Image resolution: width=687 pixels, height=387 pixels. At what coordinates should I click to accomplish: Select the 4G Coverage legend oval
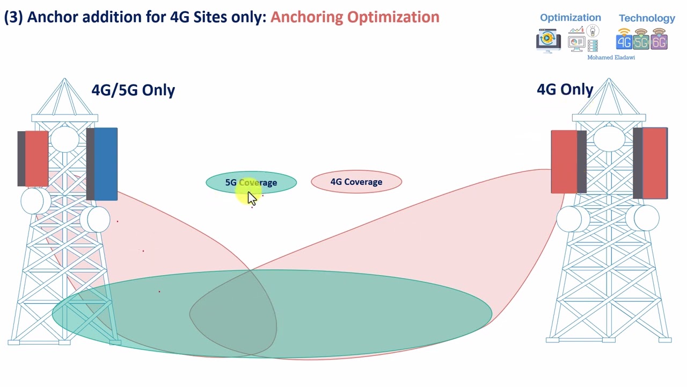click(x=356, y=182)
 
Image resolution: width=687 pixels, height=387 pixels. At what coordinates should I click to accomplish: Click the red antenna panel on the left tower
click(x=36, y=159)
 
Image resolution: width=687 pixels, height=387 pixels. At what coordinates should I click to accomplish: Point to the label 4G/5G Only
click(x=133, y=90)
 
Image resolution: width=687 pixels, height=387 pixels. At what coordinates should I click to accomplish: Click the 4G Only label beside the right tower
click(x=565, y=89)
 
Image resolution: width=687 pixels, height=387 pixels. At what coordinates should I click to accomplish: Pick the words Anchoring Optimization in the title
click(x=355, y=17)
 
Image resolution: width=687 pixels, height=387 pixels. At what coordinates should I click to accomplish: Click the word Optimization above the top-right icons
click(x=570, y=18)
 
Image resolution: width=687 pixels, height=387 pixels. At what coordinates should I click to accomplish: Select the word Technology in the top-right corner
click(x=647, y=18)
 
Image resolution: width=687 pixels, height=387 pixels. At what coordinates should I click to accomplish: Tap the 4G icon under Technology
click(x=624, y=41)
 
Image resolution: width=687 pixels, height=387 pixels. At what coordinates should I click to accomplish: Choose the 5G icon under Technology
click(x=641, y=41)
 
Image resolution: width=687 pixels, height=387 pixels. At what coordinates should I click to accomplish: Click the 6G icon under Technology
click(x=659, y=41)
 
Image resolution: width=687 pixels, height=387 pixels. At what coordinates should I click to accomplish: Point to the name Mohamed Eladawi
click(x=611, y=58)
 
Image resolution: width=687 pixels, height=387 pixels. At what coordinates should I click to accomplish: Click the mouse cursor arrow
click(x=252, y=198)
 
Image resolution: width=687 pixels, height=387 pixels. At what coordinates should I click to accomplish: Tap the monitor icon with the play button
click(x=548, y=41)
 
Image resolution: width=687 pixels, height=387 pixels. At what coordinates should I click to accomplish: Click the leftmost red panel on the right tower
click(x=564, y=161)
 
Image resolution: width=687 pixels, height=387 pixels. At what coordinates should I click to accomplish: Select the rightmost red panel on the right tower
click(x=655, y=163)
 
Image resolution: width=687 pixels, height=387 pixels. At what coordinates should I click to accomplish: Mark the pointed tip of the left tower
click(x=64, y=79)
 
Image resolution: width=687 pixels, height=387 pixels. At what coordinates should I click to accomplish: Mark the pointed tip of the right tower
click(x=609, y=79)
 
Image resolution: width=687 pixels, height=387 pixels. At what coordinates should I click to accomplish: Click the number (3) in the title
click(x=13, y=17)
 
